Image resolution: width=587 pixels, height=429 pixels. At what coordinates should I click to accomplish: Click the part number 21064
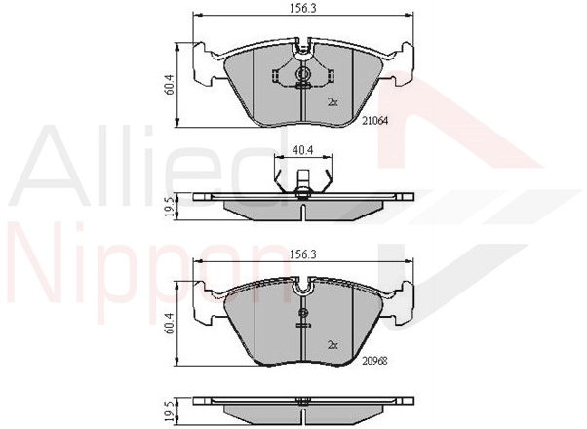coord(375,121)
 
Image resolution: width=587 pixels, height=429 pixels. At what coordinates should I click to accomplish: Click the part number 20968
coord(374,361)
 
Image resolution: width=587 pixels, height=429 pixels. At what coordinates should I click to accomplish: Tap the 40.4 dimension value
coord(303,150)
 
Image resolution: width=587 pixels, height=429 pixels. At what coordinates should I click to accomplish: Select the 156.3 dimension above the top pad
coord(302,9)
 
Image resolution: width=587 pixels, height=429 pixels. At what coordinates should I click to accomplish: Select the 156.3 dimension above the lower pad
coord(302,254)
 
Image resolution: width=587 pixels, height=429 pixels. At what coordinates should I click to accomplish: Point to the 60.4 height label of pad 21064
coord(171,85)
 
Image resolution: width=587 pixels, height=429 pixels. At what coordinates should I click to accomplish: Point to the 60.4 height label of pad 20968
coord(171,324)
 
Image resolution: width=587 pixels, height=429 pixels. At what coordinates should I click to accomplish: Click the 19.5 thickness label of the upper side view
coord(171,207)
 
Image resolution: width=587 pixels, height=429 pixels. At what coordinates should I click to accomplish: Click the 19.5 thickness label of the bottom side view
coord(171,409)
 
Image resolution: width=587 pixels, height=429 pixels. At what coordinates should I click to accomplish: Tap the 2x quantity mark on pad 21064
coord(333,102)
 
